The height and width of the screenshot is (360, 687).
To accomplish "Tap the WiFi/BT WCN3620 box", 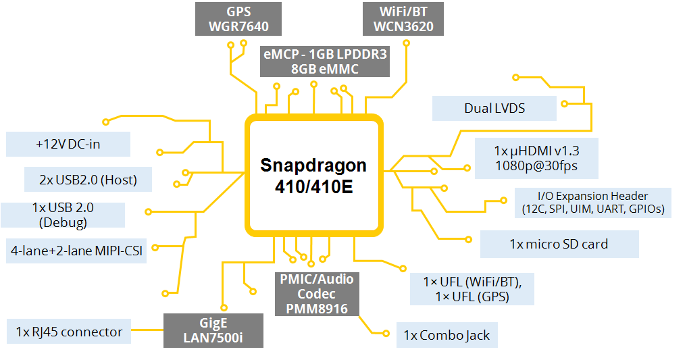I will tap(403, 20).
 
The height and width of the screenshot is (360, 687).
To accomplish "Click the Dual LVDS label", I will tap(494, 108).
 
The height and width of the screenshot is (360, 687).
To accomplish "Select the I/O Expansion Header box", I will tap(592, 203).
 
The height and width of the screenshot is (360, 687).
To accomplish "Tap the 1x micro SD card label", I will tap(559, 244).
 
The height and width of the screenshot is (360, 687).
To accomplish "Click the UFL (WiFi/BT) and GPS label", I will tap(472, 288).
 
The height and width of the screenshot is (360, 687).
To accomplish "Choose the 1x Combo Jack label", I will tap(447, 335).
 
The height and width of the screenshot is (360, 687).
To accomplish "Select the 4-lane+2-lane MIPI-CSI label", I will tap(76, 249).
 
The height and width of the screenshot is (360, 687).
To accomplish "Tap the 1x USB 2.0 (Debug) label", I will tap(62, 214).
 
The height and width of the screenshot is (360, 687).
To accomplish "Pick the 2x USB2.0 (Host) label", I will tap(88, 180).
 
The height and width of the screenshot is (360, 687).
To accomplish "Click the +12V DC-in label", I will tap(68, 145).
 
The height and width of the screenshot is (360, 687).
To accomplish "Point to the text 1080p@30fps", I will tap(527, 166).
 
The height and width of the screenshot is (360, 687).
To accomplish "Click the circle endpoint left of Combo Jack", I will tap(385, 334).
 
